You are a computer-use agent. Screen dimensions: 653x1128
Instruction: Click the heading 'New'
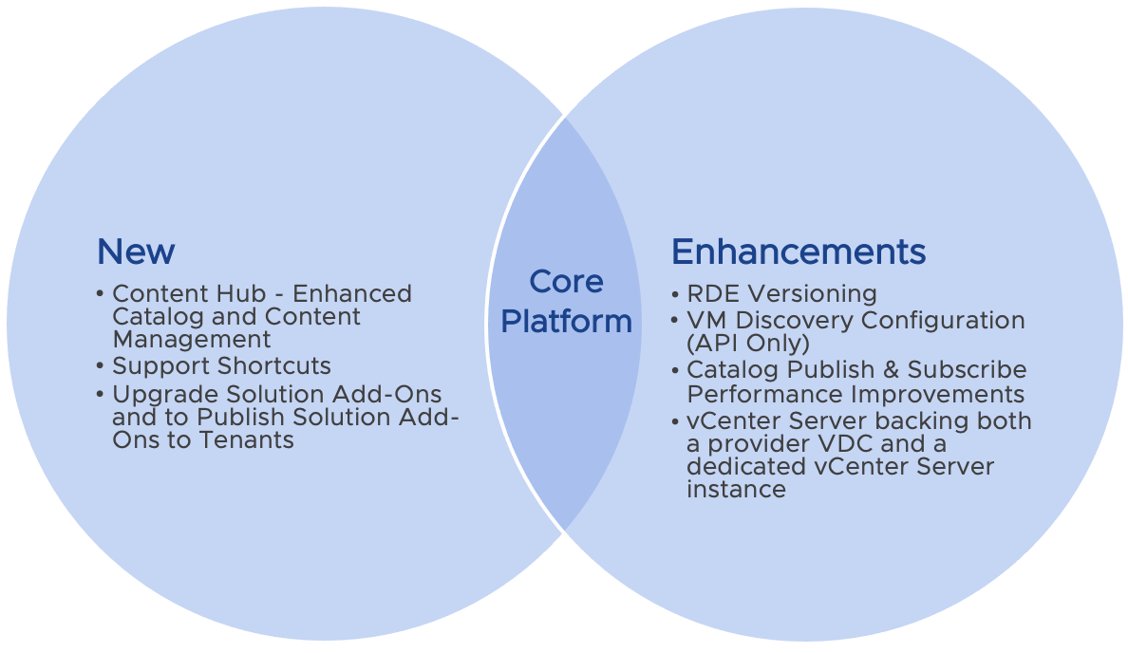(x=136, y=252)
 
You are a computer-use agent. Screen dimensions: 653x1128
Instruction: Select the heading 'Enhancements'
(x=798, y=252)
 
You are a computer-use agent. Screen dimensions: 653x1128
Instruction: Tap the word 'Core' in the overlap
(x=566, y=282)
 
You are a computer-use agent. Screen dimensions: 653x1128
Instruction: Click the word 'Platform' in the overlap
(x=566, y=322)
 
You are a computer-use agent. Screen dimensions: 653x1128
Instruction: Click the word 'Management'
(x=192, y=340)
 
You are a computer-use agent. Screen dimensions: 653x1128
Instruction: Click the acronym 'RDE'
(x=712, y=294)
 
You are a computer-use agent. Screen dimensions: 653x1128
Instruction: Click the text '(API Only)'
(x=748, y=343)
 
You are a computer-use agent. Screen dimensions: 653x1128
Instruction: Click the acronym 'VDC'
(x=861, y=444)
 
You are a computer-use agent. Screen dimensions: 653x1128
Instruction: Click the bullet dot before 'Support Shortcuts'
(x=102, y=366)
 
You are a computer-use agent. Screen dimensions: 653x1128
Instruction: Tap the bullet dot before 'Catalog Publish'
(x=675, y=369)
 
